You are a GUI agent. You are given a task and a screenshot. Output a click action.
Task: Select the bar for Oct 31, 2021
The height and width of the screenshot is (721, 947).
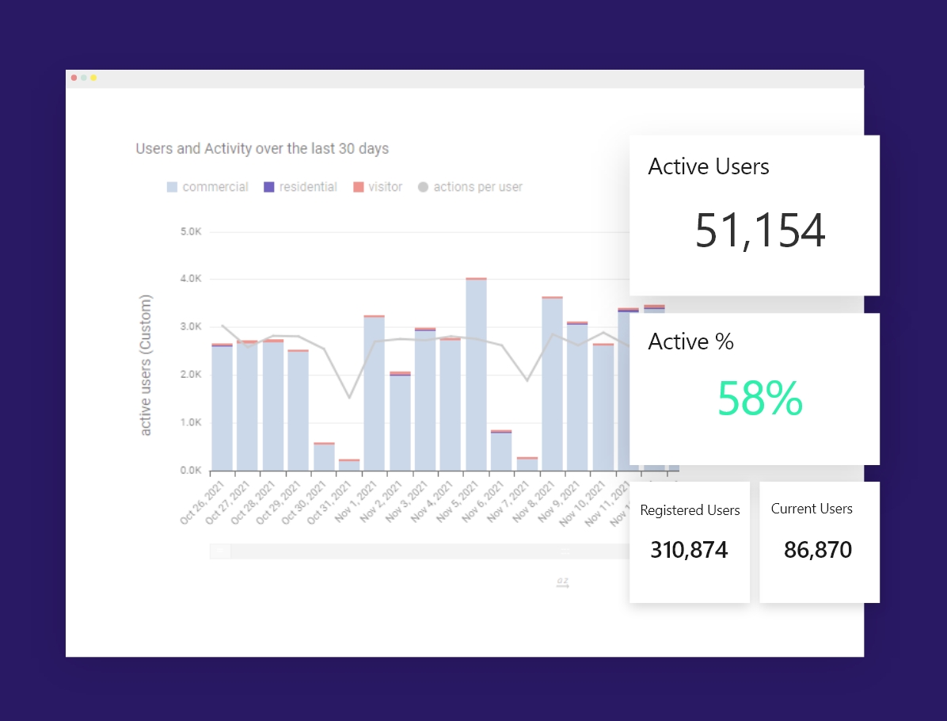[349, 465]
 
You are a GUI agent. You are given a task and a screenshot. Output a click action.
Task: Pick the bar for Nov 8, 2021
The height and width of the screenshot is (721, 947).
[552, 384]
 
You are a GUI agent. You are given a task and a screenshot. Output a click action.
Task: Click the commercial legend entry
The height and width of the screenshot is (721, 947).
[207, 187]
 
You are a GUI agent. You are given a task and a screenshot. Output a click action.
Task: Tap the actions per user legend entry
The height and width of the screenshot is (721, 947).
[470, 187]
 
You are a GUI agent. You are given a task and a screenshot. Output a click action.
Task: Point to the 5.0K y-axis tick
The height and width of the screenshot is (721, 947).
[192, 231]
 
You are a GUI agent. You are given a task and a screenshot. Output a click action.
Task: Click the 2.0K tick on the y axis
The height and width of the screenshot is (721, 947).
[192, 375]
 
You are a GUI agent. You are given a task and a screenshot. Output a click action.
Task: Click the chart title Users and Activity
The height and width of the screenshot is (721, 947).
[262, 148]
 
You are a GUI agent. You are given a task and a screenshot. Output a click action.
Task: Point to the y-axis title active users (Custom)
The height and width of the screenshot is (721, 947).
[146, 365]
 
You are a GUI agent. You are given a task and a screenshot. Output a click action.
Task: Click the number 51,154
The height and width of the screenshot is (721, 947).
[760, 231]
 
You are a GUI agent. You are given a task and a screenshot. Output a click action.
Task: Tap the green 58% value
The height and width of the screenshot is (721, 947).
[759, 399]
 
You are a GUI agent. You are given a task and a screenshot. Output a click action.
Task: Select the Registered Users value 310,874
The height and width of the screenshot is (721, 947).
[689, 549]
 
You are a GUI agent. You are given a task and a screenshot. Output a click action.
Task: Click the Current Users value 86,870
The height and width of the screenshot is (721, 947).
[818, 549]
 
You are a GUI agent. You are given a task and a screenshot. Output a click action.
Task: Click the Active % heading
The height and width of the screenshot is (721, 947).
[690, 341]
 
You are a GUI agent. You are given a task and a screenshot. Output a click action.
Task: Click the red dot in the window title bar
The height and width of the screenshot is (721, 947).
[74, 78]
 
